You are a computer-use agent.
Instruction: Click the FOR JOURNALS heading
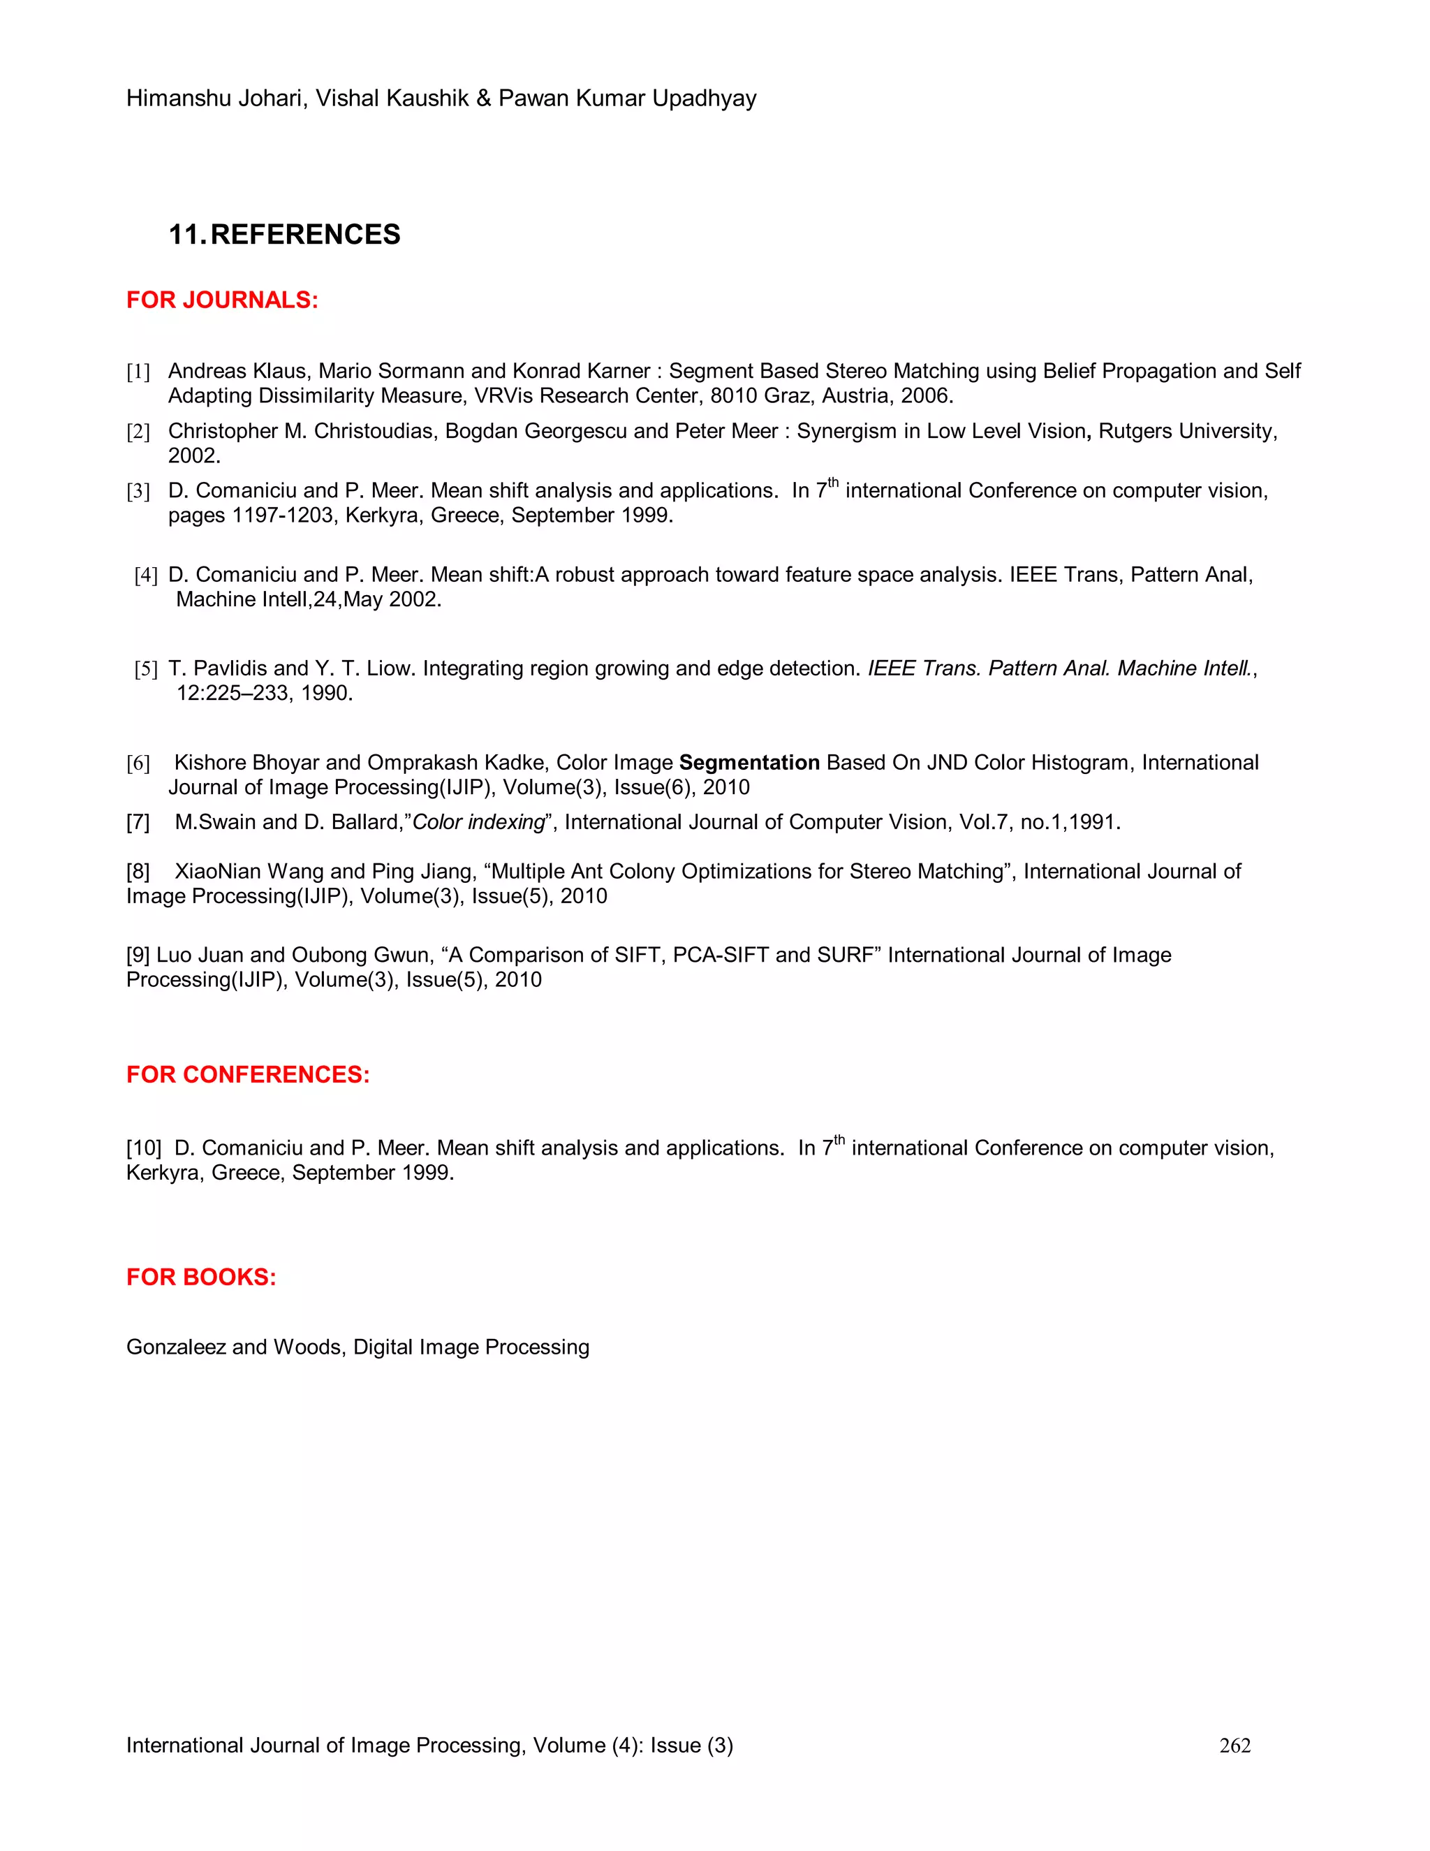click(222, 300)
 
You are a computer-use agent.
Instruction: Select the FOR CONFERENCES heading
click(247, 1075)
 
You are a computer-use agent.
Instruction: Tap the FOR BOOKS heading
click(201, 1278)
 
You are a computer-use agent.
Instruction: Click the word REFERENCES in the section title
click(305, 235)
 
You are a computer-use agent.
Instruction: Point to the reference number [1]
click(138, 372)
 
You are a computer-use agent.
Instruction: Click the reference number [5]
click(146, 670)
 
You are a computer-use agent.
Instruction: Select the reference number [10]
click(143, 1148)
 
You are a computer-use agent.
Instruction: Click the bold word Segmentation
click(749, 763)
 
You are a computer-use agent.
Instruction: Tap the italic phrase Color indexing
click(478, 822)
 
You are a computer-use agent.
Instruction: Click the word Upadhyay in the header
click(704, 98)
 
